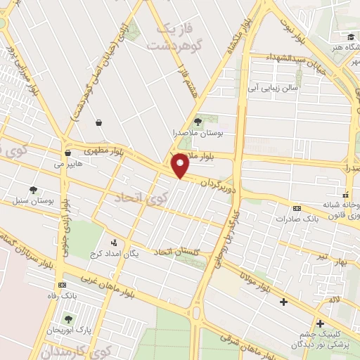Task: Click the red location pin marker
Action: point(180,166)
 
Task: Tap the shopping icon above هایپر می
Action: point(67,153)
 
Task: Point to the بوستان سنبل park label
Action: point(34,200)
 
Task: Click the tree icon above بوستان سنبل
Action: point(33,189)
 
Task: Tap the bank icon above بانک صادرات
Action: point(296,208)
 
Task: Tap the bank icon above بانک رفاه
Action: point(63,285)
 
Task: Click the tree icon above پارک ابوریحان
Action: point(67,319)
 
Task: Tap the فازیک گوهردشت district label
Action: point(171,36)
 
